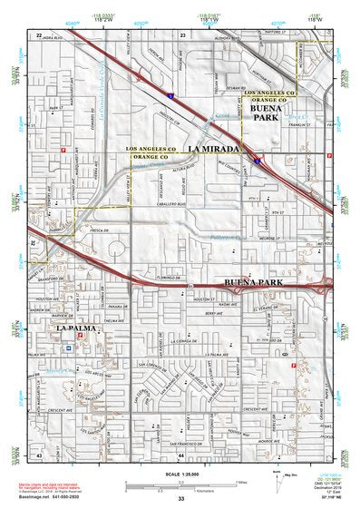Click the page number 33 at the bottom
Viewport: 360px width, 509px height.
pos(180,499)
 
